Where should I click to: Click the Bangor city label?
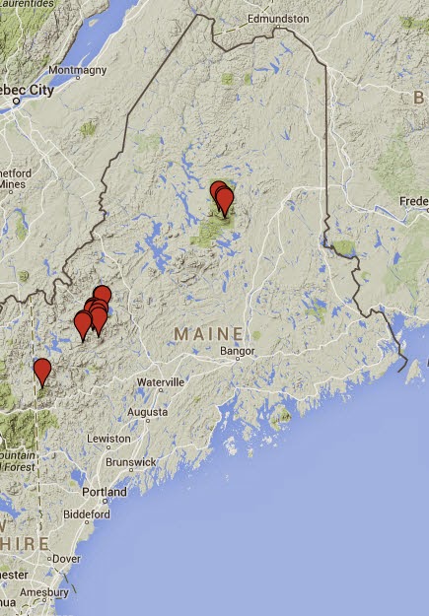click(x=239, y=351)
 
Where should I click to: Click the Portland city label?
click(x=107, y=491)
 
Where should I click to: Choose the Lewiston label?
click(x=109, y=438)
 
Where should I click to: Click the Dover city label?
click(x=66, y=558)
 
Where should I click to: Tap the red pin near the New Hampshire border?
click(x=41, y=372)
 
